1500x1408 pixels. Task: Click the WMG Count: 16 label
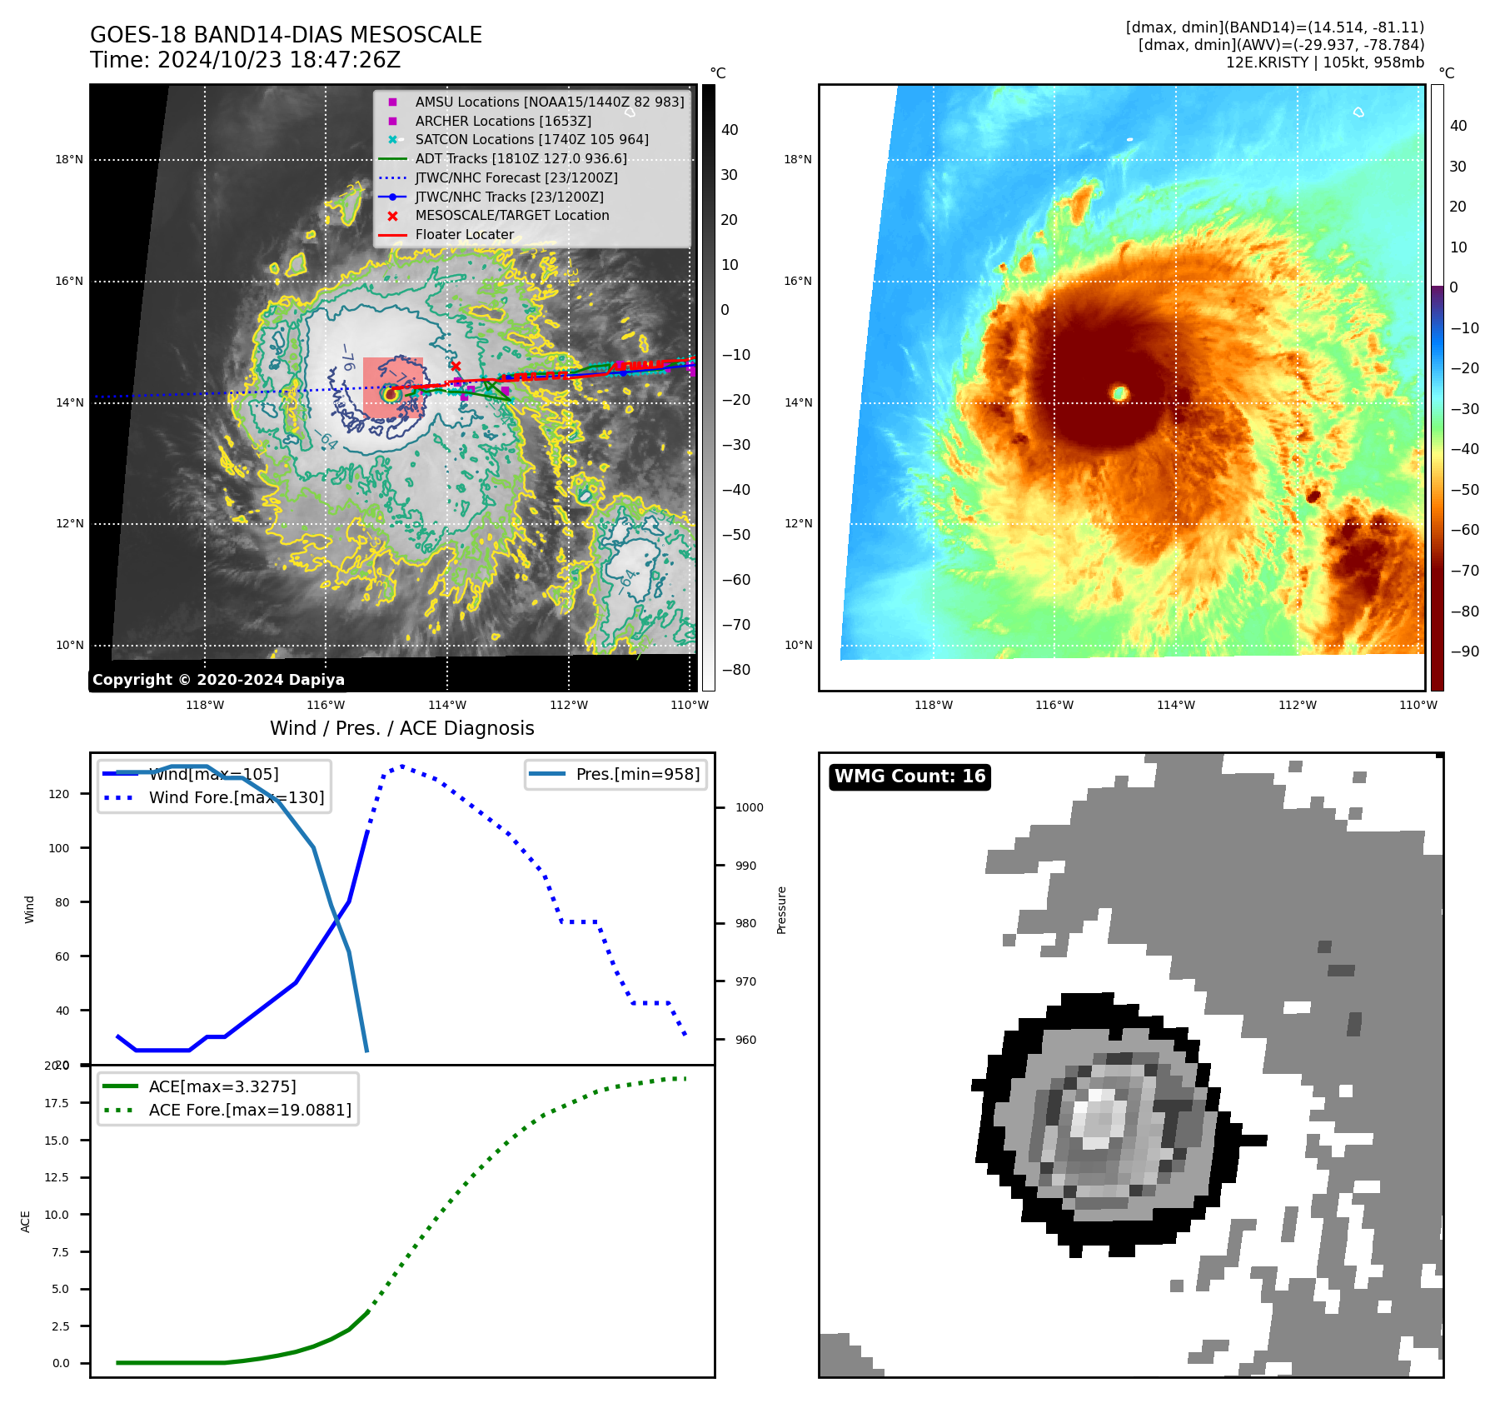pyautogui.click(x=909, y=776)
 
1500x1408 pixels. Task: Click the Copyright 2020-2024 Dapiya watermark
pyautogui.click(x=218, y=680)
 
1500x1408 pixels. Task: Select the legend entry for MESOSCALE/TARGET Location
pyautogui.click(x=511, y=216)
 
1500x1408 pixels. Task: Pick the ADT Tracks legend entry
pyautogui.click(x=521, y=159)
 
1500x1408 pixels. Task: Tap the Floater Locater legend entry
pyautogui.click(x=464, y=235)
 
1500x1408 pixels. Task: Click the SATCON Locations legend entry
pyautogui.click(x=531, y=140)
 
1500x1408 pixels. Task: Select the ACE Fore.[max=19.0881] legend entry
pyautogui.click(x=250, y=1111)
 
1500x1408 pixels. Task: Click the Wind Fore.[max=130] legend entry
pyautogui.click(x=237, y=798)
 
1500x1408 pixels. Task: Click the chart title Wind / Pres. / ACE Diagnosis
pyautogui.click(x=402, y=729)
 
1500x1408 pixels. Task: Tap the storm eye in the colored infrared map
pyautogui.click(x=1119, y=392)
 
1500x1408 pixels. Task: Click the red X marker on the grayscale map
pyautogui.click(x=456, y=366)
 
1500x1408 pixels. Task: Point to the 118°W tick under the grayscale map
pyautogui.click(x=205, y=706)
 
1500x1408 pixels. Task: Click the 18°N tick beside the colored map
pyautogui.click(x=798, y=160)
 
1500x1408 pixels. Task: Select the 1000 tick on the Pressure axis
pyautogui.click(x=749, y=807)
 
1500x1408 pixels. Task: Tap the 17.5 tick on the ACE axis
pyautogui.click(x=57, y=1103)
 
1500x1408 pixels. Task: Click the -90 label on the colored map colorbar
pyautogui.click(x=1464, y=652)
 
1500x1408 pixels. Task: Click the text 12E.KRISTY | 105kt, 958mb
pyautogui.click(x=1324, y=62)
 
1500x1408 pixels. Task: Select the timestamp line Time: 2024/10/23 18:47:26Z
pyautogui.click(x=246, y=61)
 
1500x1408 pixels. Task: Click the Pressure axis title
pyautogui.click(x=781, y=910)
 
